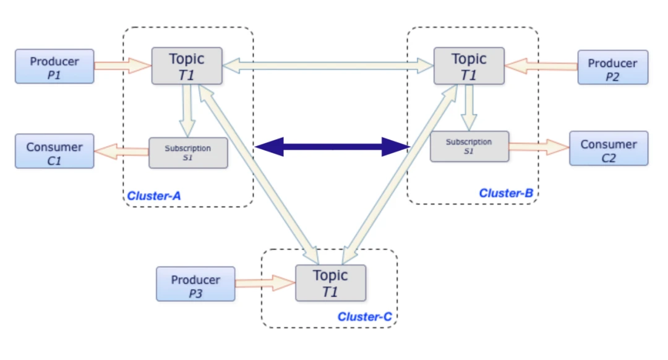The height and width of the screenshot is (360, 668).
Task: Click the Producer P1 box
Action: pos(54,66)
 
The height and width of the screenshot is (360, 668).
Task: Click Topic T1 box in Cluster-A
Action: pos(187,66)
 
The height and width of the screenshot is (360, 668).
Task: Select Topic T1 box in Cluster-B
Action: pos(469,66)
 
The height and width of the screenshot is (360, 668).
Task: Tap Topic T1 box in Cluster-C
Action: pos(330,283)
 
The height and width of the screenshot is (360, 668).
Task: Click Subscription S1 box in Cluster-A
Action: pos(188,152)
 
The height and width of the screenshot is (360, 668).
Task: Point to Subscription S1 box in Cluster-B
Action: pos(469,146)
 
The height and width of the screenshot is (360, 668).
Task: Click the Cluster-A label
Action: pos(154,196)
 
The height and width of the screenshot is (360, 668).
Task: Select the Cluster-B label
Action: pos(506,193)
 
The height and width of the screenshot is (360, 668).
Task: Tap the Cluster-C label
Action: pos(365,317)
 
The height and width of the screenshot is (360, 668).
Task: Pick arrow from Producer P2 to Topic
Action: pos(541,64)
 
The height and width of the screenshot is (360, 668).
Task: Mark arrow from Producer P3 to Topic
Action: pos(265,283)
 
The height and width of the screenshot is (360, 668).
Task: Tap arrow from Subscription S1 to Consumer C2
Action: pos(538,147)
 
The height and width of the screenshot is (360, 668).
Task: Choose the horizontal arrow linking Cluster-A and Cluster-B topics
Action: pos(328,64)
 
